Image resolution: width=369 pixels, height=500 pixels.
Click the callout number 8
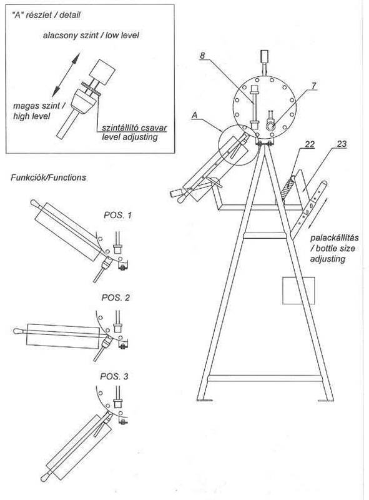[x=202, y=56]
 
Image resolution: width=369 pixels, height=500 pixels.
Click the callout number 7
[x=314, y=86]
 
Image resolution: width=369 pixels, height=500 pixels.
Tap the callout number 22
[x=310, y=144]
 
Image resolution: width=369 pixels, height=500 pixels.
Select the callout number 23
[x=342, y=144]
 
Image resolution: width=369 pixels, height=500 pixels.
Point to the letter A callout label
[x=194, y=116]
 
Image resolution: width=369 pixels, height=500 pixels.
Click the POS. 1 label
[x=117, y=215]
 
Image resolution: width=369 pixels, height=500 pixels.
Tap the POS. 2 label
[x=116, y=297]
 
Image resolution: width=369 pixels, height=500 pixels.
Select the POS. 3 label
[x=114, y=376]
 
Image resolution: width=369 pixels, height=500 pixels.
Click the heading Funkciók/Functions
[x=49, y=177]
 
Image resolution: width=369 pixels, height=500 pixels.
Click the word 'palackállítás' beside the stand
[x=335, y=238]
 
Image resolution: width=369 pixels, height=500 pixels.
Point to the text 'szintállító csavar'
[x=134, y=128]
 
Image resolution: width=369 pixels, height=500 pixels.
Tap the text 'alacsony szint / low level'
[x=91, y=35]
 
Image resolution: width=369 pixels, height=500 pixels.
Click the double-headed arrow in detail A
[x=66, y=75]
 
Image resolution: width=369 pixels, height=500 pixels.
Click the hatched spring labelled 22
[x=287, y=189]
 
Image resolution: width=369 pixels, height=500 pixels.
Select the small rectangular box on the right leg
[x=298, y=291]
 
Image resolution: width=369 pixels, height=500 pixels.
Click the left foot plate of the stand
[x=205, y=399]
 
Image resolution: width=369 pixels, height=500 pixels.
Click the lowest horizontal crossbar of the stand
[x=265, y=379]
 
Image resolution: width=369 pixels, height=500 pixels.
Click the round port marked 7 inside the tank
[x=271, y=127]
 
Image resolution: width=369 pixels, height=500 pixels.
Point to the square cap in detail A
[x=102, y=72]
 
